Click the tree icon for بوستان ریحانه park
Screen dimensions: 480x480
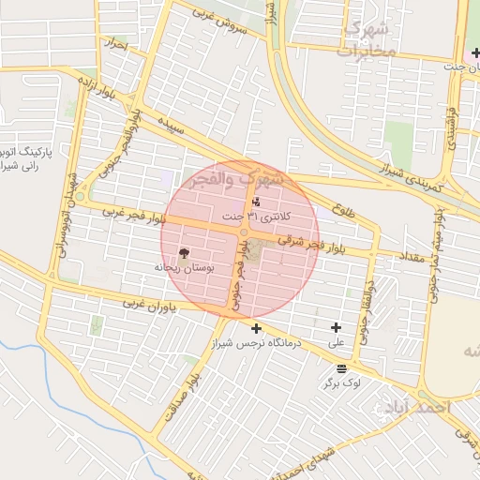[184, 252]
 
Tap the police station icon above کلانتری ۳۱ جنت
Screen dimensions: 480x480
[256, 202]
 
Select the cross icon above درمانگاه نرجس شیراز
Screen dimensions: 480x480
[256, 328]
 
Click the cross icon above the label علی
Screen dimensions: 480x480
[336, 327]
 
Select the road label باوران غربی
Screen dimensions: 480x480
[148, 307]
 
